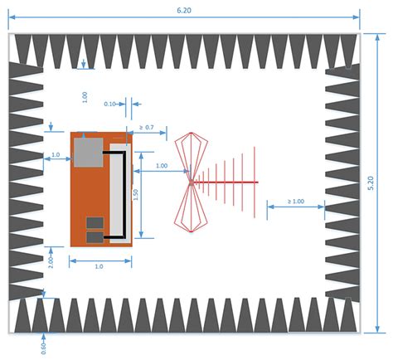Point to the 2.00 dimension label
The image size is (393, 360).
51,260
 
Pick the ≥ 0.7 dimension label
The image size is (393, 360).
147,127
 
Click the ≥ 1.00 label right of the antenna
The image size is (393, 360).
296,202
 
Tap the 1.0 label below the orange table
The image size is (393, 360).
99,266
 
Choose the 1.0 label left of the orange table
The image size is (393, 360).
56,155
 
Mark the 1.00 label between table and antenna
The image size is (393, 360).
161,166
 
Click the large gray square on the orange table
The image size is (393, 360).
87,150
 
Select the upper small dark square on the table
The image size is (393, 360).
95,222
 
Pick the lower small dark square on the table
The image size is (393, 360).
95,237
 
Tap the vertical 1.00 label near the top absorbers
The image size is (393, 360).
85,95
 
